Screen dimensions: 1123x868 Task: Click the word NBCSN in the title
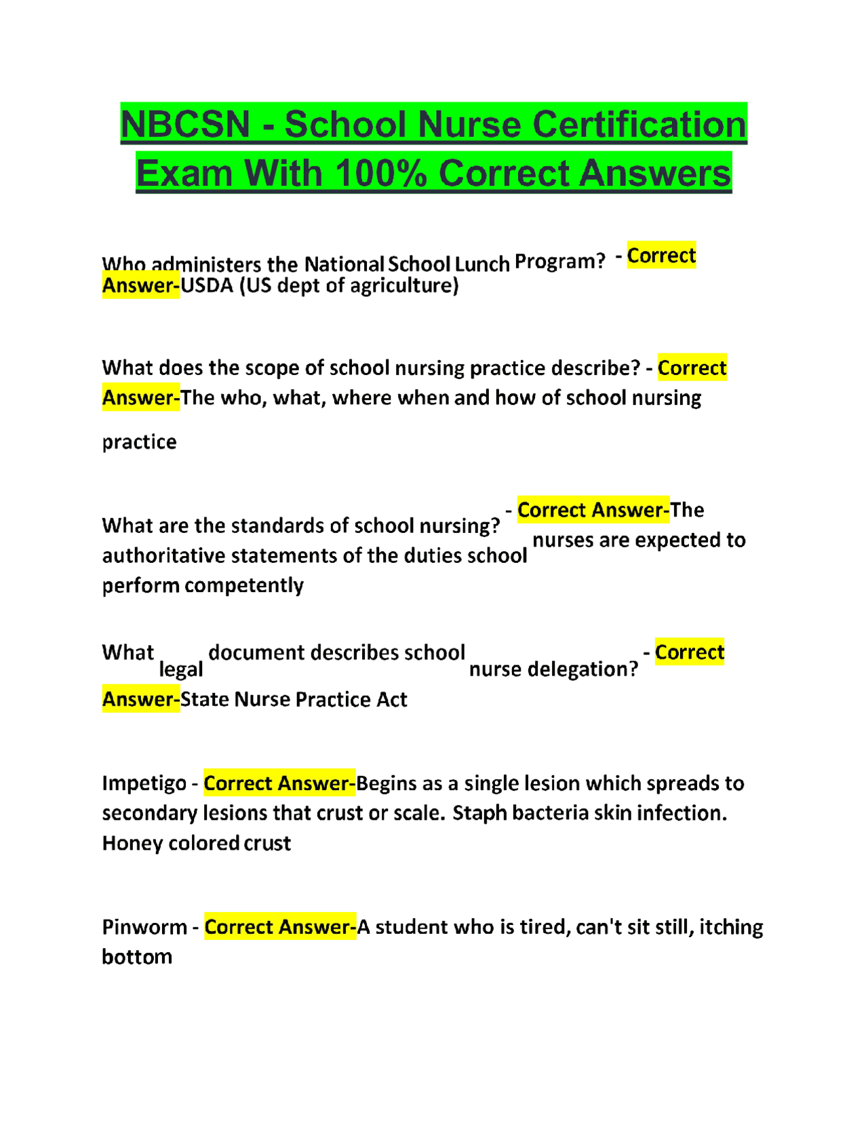(185, 125)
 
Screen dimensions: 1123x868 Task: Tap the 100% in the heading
(380, 174)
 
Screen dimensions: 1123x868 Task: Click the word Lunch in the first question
(481, 264)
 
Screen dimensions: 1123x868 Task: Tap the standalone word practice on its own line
(139, 442)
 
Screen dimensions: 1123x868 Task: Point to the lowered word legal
(181, 670)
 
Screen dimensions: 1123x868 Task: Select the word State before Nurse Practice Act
(205, 699)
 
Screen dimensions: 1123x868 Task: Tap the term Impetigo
(144, 783)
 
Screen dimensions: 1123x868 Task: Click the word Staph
(479, 813)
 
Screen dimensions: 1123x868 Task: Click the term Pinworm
(144, 927)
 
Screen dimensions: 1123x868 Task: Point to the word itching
(731, 927)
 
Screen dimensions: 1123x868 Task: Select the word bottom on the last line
(137, 957)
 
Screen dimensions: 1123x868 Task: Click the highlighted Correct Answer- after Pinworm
(280, 927)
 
